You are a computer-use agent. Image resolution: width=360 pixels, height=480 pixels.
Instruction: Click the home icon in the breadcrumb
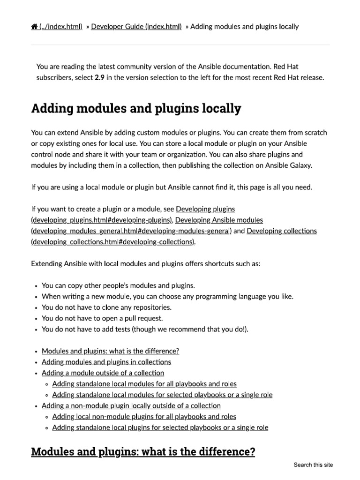(x=34, y=27)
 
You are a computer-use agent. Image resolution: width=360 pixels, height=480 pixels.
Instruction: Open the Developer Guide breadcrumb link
(x=136, y=27)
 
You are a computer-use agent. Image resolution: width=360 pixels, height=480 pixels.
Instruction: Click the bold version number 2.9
(x=99, y=78)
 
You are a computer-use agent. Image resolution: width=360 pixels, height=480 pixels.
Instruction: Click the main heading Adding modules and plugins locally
(x=136, y=109)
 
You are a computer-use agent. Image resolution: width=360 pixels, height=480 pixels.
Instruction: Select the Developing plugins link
(x=205, y=209)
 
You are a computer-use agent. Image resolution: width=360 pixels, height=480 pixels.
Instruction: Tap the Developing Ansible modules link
(x=219, y=220)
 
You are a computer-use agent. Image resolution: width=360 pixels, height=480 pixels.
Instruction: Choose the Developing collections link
(x=281, y=231)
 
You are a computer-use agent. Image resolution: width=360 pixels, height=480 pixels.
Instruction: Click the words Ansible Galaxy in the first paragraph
(x=291, y=165)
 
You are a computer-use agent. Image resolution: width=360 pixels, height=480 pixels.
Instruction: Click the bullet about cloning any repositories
(x=106, y=307)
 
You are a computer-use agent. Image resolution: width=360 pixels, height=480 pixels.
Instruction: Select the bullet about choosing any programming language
(x=167, y=296)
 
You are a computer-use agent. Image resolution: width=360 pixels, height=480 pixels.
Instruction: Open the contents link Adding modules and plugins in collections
(x=106, y=362)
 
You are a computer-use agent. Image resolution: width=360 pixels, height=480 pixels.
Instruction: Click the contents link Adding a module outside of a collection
(x=103, y=373)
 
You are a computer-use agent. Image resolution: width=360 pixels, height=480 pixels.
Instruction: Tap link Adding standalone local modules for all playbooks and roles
(x=144, y=384)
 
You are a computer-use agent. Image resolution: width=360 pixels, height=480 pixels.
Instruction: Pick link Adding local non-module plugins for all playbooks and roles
(x=144, y=417)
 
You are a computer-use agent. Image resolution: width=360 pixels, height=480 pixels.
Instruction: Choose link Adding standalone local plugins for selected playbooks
(x=160, y=427)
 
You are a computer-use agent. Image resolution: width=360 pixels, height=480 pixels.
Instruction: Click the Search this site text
(x=313, y=465)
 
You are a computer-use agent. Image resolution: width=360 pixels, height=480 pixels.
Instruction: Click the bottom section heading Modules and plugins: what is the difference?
(x=143, y=452)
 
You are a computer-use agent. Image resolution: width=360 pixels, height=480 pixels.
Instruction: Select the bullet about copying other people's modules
(x=118, y=285)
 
